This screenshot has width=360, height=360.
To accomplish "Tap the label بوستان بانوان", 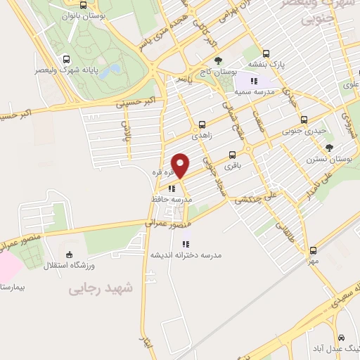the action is pos(62,15).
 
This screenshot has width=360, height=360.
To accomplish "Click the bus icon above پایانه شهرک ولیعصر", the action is pos(66,59).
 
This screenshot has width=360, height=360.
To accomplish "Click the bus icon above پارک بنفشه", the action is pos(266,53).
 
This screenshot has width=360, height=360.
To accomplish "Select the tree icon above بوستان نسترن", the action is pos(329,147).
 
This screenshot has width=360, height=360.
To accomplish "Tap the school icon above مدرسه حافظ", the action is pos(172,188).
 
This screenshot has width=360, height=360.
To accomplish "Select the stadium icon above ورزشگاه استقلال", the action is pos(68,255).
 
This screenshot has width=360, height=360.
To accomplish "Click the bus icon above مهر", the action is pos(314,250).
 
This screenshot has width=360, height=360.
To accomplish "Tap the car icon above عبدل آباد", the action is pos(340,337).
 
